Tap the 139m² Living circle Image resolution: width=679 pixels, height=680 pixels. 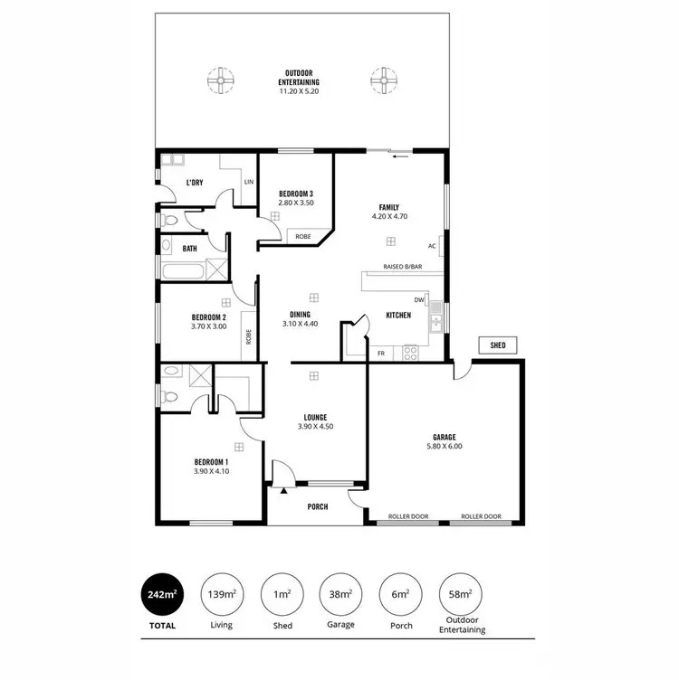tap(221, 595)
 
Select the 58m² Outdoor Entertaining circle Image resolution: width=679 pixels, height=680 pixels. tap(461, 595)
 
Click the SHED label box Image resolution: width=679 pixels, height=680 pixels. tap(498, 345)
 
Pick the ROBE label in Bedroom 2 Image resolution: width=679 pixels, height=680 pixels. tap(248, 335)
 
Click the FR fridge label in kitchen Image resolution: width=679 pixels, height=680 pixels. tap(380, 354)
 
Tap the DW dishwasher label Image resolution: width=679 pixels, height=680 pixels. tap(419, 300)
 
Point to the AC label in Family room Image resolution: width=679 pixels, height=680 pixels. tap(432, 246)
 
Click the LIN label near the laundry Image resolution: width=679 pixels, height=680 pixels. tap(247, 182)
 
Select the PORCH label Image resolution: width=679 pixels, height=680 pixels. tap(318, 506)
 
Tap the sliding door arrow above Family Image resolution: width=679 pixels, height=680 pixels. tap(400, 156)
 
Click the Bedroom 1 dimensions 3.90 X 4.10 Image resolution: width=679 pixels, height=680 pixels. tap(212, 470)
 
